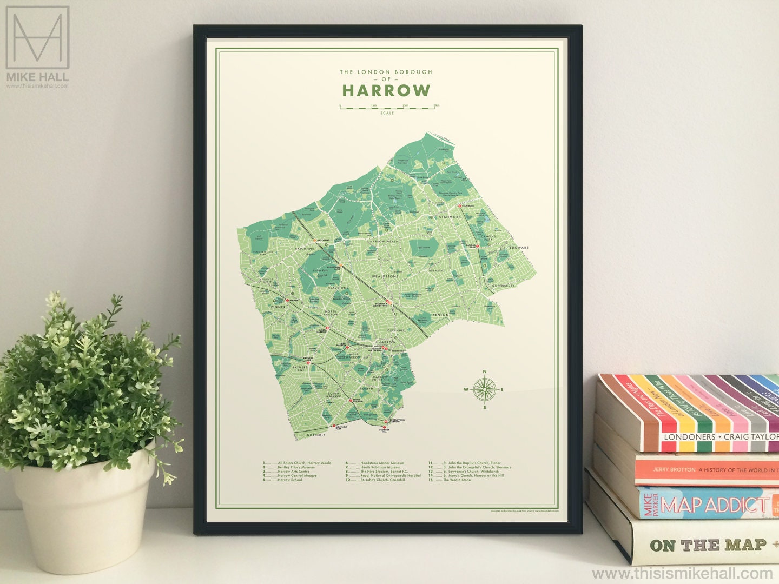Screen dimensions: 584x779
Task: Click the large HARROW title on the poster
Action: [386, 90]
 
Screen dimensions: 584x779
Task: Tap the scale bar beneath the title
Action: [387, 108]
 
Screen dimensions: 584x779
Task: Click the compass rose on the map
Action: [484, 389]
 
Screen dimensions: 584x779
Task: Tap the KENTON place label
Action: [440, 314]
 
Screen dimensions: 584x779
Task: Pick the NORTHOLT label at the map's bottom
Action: [316, 435]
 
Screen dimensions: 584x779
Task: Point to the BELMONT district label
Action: [437, 270]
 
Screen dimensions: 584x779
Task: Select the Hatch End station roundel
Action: [314, 241]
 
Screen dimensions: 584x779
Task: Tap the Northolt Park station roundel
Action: [334, 427]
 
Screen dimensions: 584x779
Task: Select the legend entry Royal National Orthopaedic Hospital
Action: [390, 476]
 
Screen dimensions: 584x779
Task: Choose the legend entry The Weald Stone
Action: [457, 480]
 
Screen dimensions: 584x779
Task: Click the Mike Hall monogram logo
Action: [37, 38]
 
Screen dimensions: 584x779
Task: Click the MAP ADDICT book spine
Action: [709, 505]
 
